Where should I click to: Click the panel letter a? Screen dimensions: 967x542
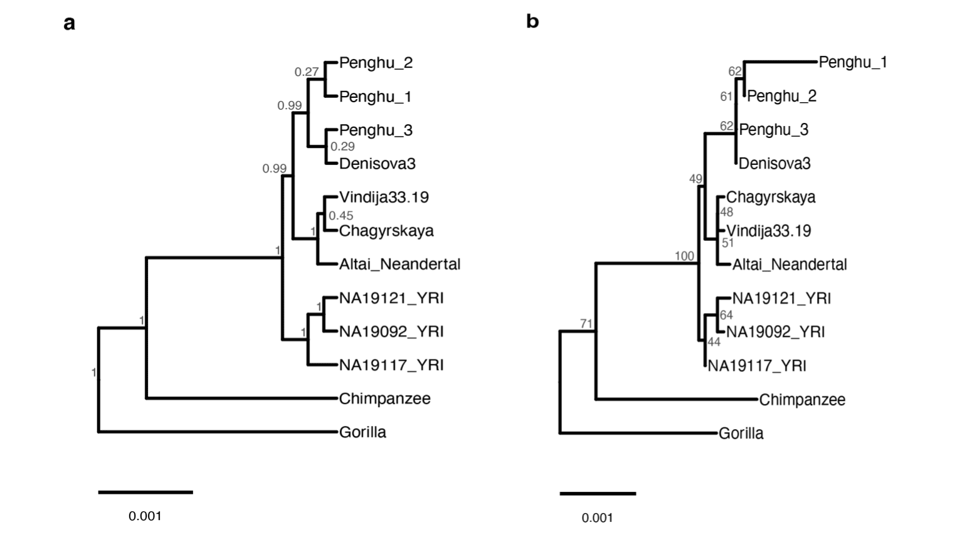[69, 23]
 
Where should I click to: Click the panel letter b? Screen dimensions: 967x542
[532, 21]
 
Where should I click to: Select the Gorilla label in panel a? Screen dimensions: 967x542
[362, 432]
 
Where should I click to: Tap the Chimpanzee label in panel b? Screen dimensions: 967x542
[802, 400]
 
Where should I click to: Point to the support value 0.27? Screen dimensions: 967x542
[307, 72]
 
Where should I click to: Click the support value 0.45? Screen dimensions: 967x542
[341, 215]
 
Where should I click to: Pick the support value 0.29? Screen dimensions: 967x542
[343, 146]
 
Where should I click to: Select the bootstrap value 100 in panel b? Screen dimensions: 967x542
[685, 256]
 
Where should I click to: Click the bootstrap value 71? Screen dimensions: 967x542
[586, 323]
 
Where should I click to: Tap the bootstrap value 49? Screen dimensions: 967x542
[696, 178]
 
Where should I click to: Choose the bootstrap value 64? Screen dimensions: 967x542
[727, 315]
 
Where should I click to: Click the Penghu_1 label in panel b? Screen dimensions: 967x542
[853, 62]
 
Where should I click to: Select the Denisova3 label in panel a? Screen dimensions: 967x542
[378, 163]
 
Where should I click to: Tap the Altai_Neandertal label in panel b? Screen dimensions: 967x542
[790, 264]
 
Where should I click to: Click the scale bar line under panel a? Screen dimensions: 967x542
[145, 492]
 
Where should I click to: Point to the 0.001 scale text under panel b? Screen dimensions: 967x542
[597, 518]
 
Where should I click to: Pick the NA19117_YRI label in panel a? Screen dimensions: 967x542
[391, 365]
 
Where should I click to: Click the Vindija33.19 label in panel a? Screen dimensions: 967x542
[384, 197]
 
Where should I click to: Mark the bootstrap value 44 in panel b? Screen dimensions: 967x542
[714, 342]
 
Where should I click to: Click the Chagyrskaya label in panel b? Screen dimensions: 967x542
[771, 197]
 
